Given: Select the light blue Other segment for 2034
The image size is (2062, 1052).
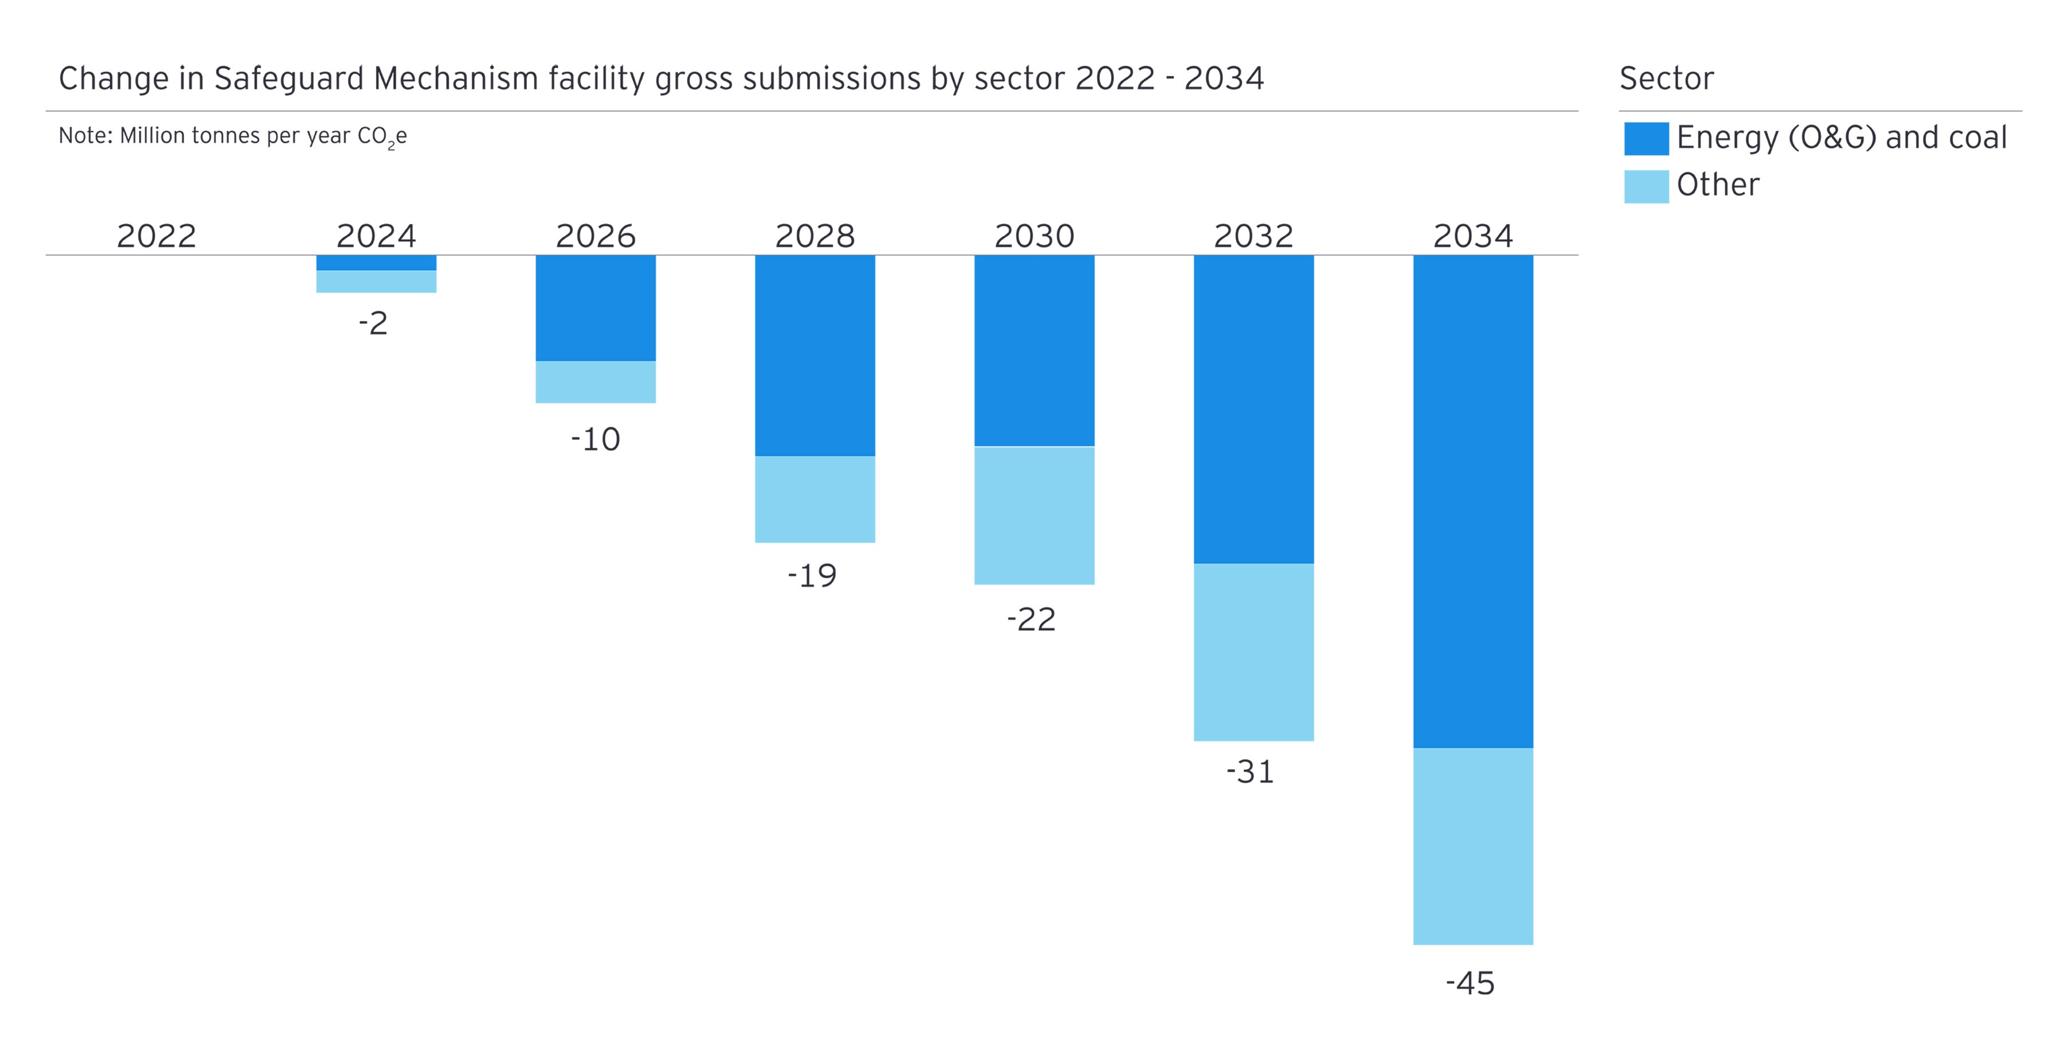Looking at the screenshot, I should tap(1473, 846).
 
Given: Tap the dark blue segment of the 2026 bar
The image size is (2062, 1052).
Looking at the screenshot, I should tap(596, 308).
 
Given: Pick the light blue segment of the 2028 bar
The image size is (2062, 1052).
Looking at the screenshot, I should tap(815, 498).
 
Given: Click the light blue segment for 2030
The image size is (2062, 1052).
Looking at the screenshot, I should tap(1034, 515).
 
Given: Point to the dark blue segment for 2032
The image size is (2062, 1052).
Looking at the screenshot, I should tap(1254, 409).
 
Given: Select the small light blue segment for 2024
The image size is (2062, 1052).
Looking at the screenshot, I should tap(376, 281).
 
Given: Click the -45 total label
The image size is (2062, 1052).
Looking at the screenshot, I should tap(1470, 983).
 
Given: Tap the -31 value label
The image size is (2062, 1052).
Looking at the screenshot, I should tap(1250, 772).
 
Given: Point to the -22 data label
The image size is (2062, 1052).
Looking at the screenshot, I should tap(1031, 619).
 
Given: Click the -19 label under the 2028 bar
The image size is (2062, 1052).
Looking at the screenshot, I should tap(812, 575).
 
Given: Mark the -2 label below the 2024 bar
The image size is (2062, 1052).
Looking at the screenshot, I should tap(373, 323).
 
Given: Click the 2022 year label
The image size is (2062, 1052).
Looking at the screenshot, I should tap(156, 236).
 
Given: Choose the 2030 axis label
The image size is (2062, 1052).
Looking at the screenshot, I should tap(1034, 236).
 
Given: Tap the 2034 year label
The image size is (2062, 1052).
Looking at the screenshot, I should tap(1473, 236).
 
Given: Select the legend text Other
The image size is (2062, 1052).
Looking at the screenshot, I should tap(1718, 185).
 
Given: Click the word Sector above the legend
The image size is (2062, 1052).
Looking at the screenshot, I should tap(1667, 78).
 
